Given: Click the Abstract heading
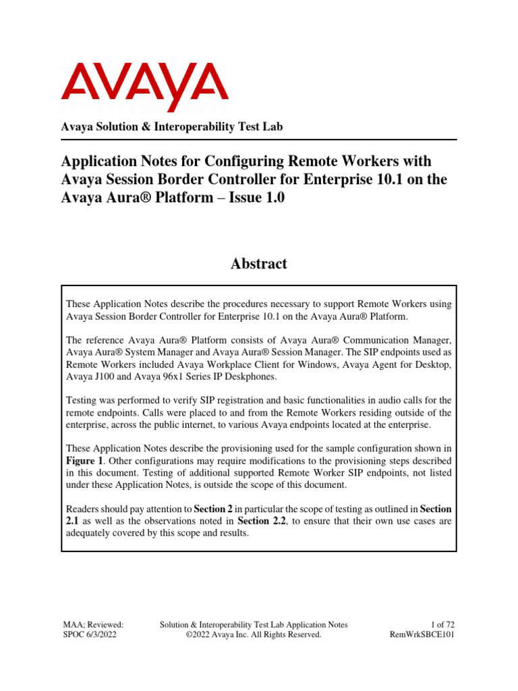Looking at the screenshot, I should point(259,264).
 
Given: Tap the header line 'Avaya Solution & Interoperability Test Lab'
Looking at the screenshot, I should point(172,128).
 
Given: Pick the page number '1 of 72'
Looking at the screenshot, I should point(447,625).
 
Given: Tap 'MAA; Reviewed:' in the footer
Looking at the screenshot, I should point(92,625).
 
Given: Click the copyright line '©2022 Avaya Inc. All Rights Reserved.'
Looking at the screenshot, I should point(254,635).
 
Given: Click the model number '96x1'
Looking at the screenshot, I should point(177,377).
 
